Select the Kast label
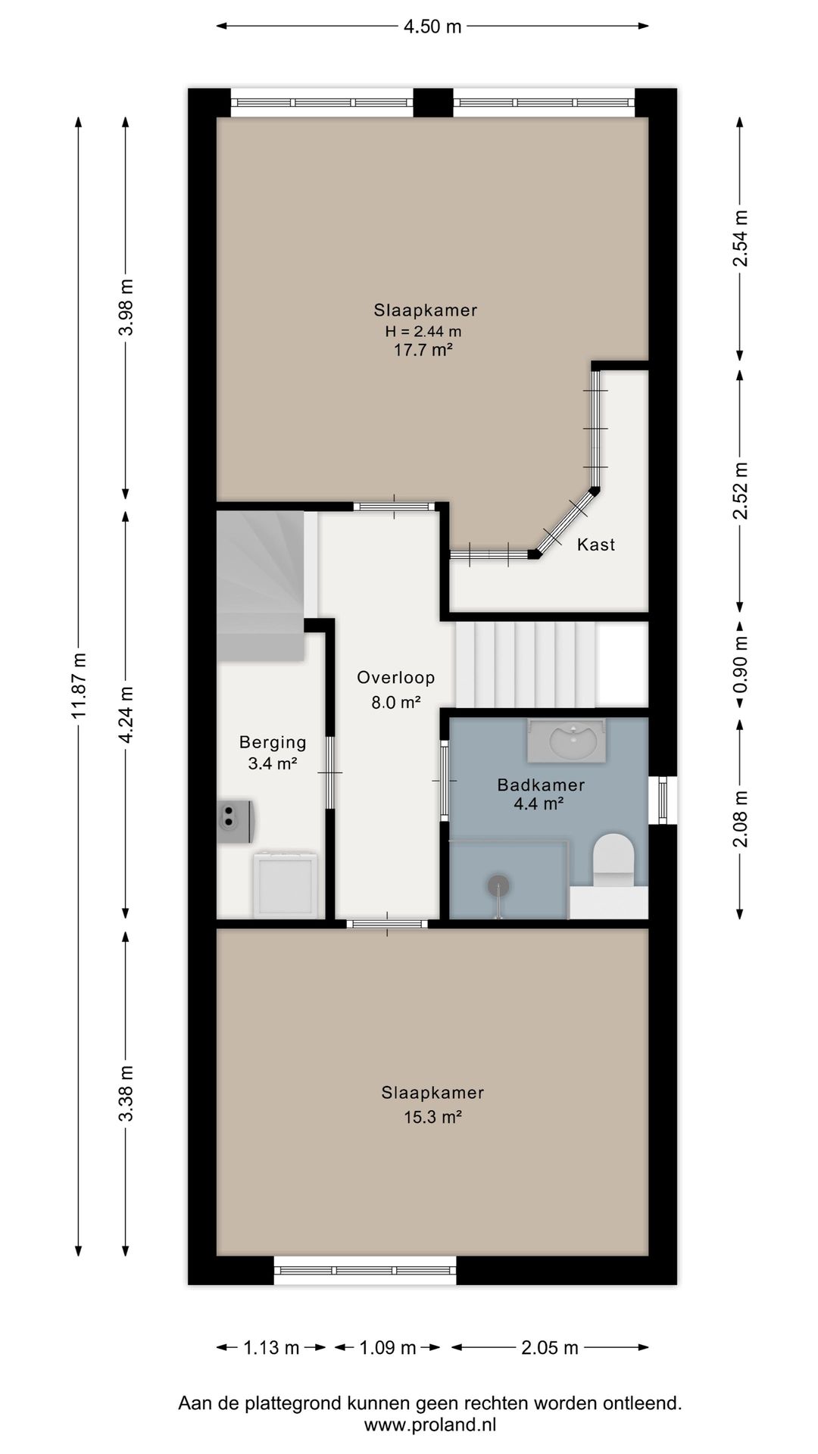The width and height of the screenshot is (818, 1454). click(596, 544)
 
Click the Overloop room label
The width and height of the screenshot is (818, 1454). click(396, 677)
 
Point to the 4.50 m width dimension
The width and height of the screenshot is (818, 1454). click(432, 27)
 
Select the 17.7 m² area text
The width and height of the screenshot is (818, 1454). click(423, 349)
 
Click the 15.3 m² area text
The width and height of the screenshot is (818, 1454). click(432, 1116)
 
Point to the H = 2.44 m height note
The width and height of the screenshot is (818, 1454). click(423, 331)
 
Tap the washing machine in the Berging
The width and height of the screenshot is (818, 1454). click(285, 884)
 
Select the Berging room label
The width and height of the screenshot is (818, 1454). click(273, 742)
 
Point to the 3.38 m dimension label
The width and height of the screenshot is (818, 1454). click(127, 1093)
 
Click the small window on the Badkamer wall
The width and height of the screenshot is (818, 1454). click(663, 800)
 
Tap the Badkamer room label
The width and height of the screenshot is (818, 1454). click(541, 785)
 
